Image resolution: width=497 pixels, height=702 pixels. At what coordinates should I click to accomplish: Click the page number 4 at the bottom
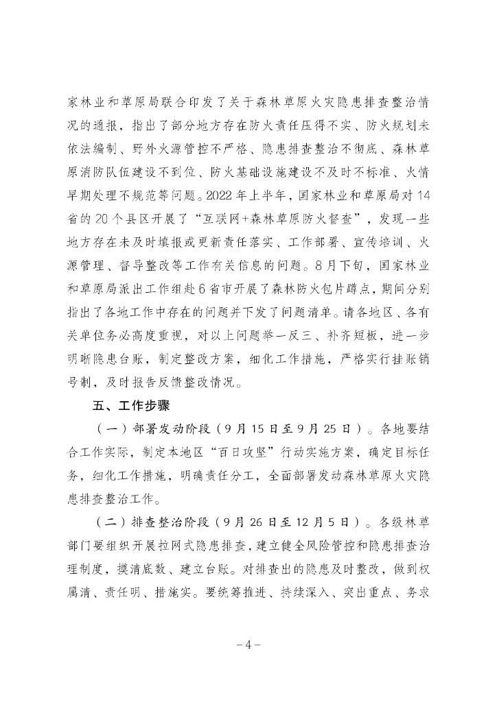(248, 645)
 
